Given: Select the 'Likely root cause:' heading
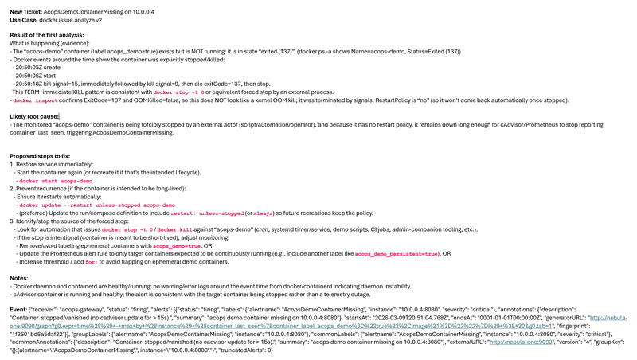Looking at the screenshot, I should coord(34,117).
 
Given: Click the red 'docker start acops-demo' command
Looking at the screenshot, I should coord(55,182).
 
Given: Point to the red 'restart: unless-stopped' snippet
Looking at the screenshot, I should coord(205,213).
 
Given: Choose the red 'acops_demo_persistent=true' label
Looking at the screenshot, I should coord(396,253).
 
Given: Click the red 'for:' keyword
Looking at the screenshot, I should coord(91,261).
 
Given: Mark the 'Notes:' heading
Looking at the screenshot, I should coord(19,278).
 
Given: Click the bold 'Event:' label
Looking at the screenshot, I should coord(18,308).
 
